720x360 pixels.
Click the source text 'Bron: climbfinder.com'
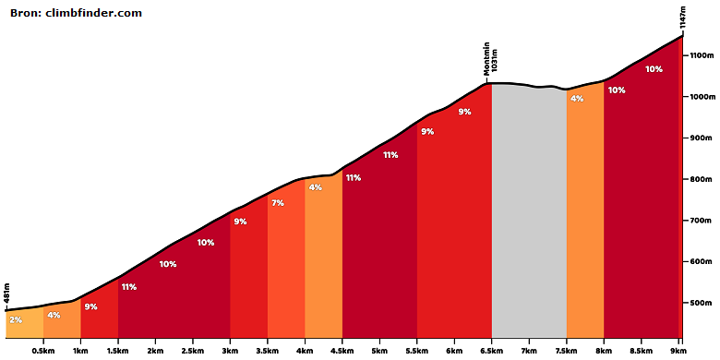[76, 13]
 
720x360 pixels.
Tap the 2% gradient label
[15, 320]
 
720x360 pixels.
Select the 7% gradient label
[278, 202]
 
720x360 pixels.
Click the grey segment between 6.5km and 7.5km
[529, 211]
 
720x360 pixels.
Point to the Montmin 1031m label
[490, 59]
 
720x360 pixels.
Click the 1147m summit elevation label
[683, 18]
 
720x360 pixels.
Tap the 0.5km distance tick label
[43, 351]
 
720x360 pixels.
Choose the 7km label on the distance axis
[529, 351]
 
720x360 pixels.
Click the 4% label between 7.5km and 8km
[577, 98]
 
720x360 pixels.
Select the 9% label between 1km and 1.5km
[90, 306]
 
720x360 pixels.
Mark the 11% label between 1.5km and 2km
[129, 287]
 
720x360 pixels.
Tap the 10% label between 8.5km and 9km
[654, 69]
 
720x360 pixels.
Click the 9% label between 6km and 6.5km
[464, 112]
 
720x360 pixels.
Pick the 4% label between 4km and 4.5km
[316, 186]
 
